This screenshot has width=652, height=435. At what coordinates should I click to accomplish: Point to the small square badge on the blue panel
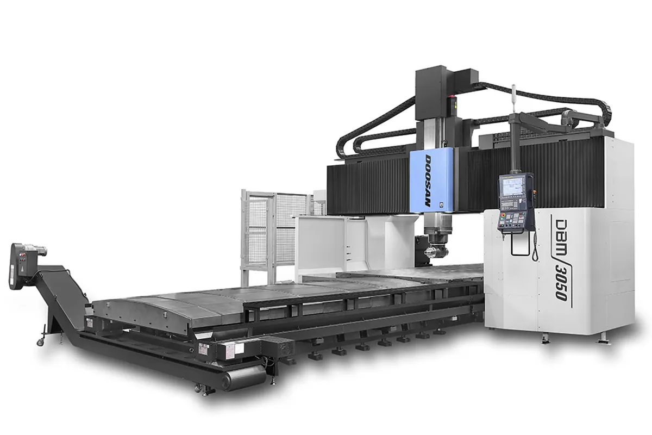[456, 205]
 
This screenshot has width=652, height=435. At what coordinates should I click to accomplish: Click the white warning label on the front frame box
[205, 348]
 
